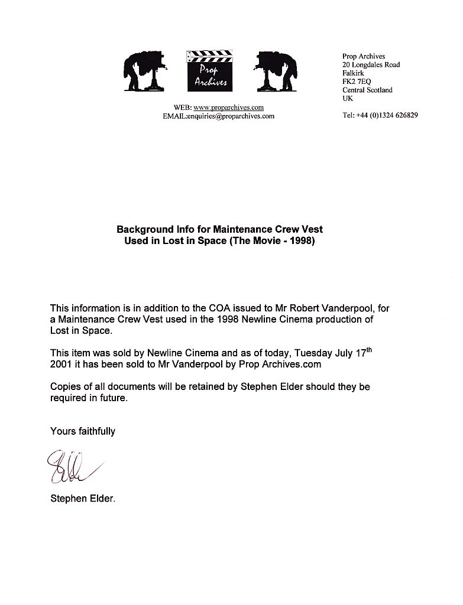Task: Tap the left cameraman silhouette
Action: pos(145,70)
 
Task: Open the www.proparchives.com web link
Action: pos(228,108)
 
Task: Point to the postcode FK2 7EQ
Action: pos(357,82)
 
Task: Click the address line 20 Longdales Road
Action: pos(371,65)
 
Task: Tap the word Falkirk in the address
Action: pos(353,73)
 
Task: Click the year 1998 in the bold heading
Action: pos(302,241)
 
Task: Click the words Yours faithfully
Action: pos(83,431)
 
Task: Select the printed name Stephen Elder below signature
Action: pos(83,499)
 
